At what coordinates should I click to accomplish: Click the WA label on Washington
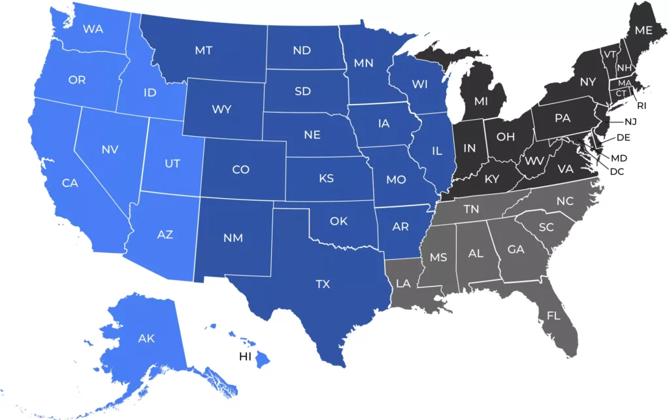tap(92, 29)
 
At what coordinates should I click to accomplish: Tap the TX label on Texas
tap(323, 284)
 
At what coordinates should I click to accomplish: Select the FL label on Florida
tap(554, 316)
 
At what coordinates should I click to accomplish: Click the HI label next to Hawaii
tap(246, 357)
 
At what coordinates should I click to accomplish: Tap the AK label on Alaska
tap(146, 338)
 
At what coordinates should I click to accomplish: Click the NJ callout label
tap(630, 121)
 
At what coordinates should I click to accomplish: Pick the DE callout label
tap(623, 137)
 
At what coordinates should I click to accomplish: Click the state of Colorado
tap(241, 169)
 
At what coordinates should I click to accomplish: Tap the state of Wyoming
tap(221, 109)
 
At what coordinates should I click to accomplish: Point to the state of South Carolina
tap(547, 228)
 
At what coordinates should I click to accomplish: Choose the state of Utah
tap(172, 164)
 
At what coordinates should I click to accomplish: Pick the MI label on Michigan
tap(481, 102)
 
